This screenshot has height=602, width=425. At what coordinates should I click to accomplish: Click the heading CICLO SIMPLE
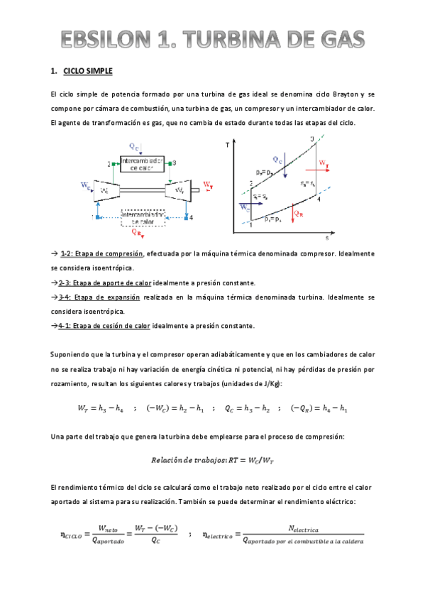[87, 71]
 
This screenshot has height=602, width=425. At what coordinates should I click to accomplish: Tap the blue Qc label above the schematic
[135, 146]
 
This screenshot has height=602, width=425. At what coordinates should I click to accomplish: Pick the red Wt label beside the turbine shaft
[207, 185]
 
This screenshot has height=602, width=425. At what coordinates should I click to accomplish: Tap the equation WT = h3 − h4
[100, 408]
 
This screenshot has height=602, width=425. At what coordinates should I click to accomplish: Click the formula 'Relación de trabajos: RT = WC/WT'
[212, 461]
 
